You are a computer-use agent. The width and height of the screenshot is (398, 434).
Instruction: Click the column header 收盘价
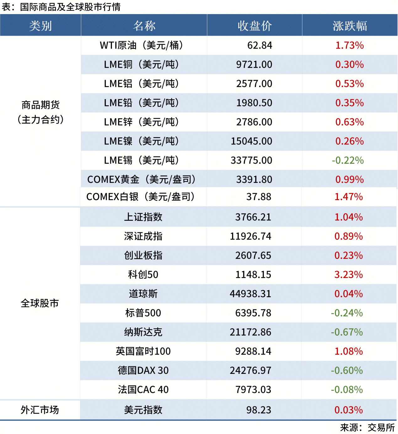pyautogui.click(x=254, y=26)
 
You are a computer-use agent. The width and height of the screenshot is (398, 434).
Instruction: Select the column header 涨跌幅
pyautogui.click(x=350, y=26)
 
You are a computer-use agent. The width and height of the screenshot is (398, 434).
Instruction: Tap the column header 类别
pyautogui.click(x=40, y=26)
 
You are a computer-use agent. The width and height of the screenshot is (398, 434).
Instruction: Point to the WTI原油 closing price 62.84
pyautogui.click(x=260, y=45)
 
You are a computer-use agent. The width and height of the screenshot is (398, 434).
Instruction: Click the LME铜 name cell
pyautogui.click(x=141, y=65)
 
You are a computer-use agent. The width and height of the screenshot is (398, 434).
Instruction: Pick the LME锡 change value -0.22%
pyautogui.click(x=348, y=160)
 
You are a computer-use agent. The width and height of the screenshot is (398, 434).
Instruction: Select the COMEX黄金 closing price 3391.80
pyautogui.click(x=254, y=179)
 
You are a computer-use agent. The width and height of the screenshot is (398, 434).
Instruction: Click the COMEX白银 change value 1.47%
pyautogui.click(x=348, y=197)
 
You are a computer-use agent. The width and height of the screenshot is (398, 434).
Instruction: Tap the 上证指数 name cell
pyautogui.click(x=143, y=217)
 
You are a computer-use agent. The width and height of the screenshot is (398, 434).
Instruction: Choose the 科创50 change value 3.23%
pyautogui.click(x=348, y=275)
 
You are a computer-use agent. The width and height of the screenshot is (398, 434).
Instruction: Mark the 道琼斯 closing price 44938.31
pyautogui.click(x=250, y=294)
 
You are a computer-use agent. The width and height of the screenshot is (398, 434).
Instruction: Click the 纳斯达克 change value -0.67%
pyautogui.click(x=347, y=332)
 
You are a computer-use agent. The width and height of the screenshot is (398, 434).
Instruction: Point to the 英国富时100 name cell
pyautogui.click(x=143, y=351)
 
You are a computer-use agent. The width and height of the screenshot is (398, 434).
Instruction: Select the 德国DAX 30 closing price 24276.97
pyautogui.click(x=250, y=370)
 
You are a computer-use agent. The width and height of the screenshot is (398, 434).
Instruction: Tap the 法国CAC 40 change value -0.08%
pyautogui.click(x=347, y=390)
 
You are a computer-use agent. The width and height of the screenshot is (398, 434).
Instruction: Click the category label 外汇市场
pyautogui.click(x=40, y=410)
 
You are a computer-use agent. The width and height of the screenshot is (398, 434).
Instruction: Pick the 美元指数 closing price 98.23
pyautogui.click(x=258, y=410)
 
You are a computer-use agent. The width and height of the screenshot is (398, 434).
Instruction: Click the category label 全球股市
pyautogui.click(x=40, y=303)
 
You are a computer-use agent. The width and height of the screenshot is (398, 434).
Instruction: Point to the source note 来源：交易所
pyautogui.click(x=367, y=427)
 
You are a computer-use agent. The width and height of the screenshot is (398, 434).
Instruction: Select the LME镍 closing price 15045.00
pyautogui.click(x=251, y=141)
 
